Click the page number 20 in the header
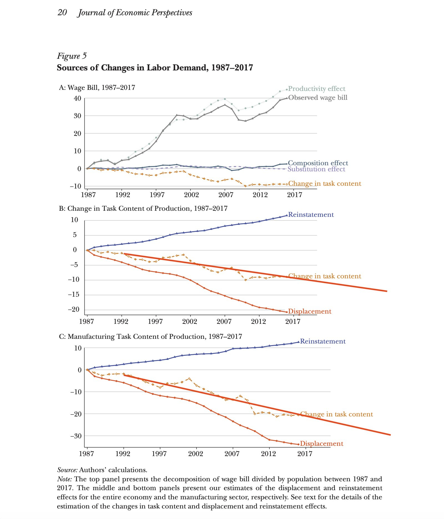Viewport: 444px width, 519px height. click(62, 12)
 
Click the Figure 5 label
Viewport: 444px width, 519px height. click(72, 56)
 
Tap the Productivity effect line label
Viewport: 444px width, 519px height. click(317, 89)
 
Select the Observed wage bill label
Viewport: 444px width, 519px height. click(318, 98)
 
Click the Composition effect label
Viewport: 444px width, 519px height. click(318, 163)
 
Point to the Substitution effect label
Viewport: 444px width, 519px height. click(316, 169)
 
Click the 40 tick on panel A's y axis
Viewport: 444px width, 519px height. click(77, 98)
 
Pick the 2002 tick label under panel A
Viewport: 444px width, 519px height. click(191, 195)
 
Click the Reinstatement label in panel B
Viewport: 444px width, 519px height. click(311, 215)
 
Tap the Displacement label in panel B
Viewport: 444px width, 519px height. click(310, 311)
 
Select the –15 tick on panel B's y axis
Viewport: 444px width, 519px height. click(74, 294)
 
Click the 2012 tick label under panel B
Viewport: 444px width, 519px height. click(258, 322)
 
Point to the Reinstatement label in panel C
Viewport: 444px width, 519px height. click(323, 341)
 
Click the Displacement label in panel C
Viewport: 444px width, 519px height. click(322, 444)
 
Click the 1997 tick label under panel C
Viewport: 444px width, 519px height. click(159, 454)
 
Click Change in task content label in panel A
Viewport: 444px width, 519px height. click(325, 184)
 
